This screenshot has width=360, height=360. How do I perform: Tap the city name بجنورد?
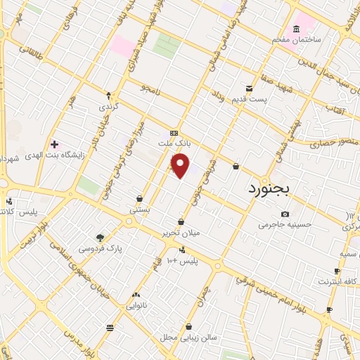[x=274, y=188]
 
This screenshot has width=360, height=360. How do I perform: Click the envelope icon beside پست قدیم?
[x=250, y=89]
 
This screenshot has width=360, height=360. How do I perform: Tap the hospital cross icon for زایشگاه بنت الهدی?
[x=54, y=144]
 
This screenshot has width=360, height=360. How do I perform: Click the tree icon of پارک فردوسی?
[x=100, y=238]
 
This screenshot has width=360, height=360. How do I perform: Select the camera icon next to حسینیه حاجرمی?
[x=285, y=214]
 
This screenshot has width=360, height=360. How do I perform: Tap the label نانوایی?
[x=136, y=305]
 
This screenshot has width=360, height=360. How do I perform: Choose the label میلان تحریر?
[x=181, y=232]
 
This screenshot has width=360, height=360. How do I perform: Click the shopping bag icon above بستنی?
[x=139, y=198]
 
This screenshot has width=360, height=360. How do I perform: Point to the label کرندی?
[x=108, y=107]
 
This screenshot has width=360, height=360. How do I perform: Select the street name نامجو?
[x=150, y=89]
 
